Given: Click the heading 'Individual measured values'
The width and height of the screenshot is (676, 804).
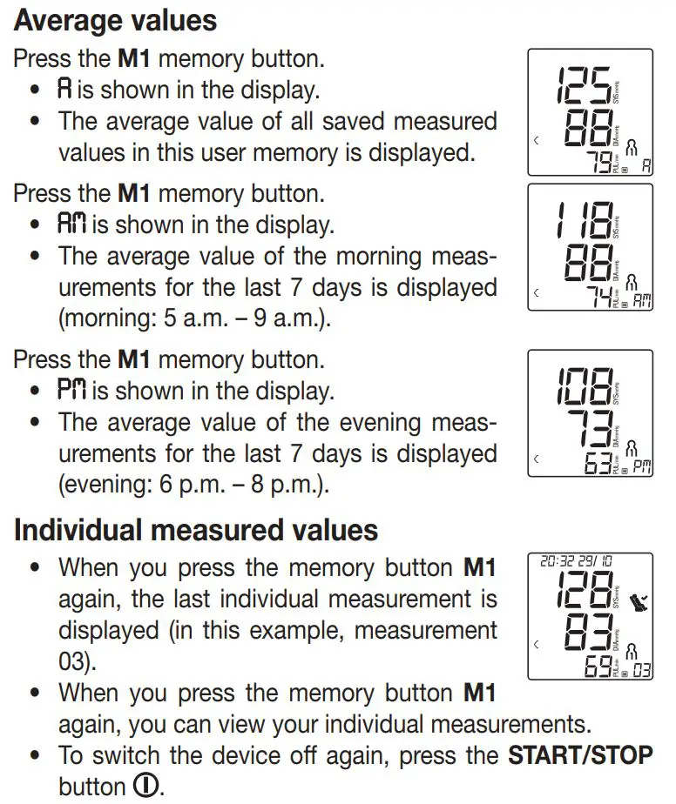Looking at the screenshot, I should (x=196, y=530).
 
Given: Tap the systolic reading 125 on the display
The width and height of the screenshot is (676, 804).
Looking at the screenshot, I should (x=583, y=85).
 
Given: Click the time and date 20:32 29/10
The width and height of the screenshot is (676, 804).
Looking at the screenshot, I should (x=576, y=562).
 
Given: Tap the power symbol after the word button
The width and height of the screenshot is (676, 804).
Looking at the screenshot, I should (x=146, y=786).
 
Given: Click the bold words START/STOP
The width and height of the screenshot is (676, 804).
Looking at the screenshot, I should (x=580, y=754).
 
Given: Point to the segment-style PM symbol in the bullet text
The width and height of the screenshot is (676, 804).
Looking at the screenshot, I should (x=72, y=391).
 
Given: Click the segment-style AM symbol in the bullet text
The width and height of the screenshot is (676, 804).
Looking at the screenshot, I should (x=72, y=224).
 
